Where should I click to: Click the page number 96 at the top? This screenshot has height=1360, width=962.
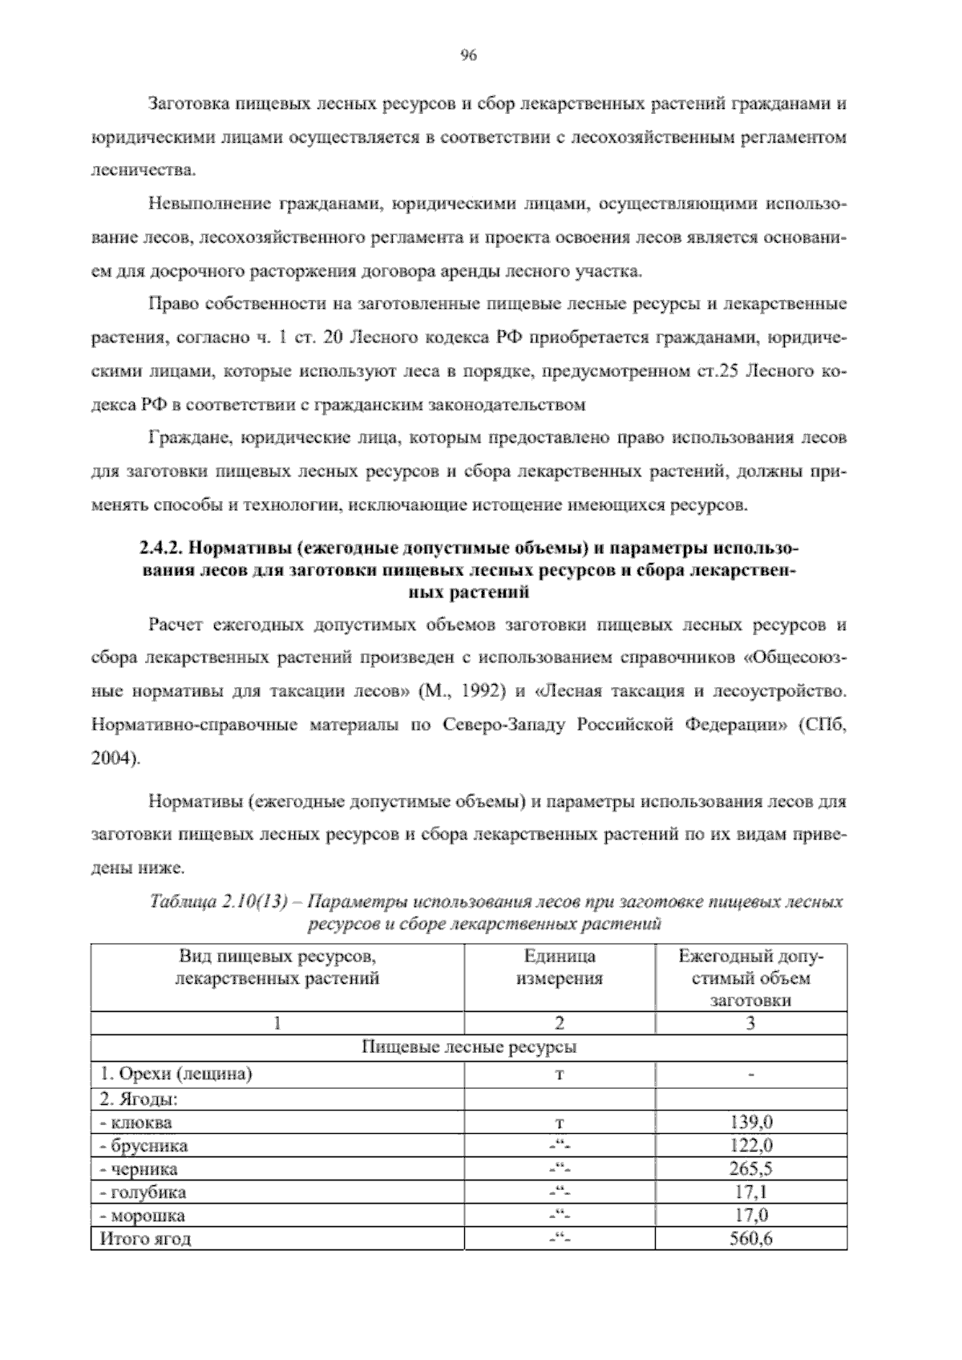point(469,55)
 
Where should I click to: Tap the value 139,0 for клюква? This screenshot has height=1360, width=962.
point(750,1122)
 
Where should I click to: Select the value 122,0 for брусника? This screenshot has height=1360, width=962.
point(750,1145)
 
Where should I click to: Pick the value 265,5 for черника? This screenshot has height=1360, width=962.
point(750,1168)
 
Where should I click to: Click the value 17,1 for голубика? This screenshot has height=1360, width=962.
point(750,1192)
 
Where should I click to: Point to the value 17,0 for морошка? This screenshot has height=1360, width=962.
point(750,1215)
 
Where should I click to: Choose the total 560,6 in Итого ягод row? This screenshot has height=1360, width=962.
point(750,1239)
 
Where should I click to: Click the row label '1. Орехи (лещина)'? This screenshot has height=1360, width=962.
point(176,1075)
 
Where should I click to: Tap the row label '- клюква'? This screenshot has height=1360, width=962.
point(135,1122)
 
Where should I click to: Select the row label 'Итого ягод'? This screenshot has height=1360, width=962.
point(145,1239)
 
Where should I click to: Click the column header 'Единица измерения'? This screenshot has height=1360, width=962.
point(560,967)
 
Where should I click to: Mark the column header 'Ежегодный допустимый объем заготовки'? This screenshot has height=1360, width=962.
point(750,978)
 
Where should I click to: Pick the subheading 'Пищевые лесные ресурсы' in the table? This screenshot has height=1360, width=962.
point(469,1047)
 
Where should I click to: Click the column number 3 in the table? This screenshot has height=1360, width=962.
point(750,1023)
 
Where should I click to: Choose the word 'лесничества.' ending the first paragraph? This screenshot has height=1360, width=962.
point(131,170)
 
